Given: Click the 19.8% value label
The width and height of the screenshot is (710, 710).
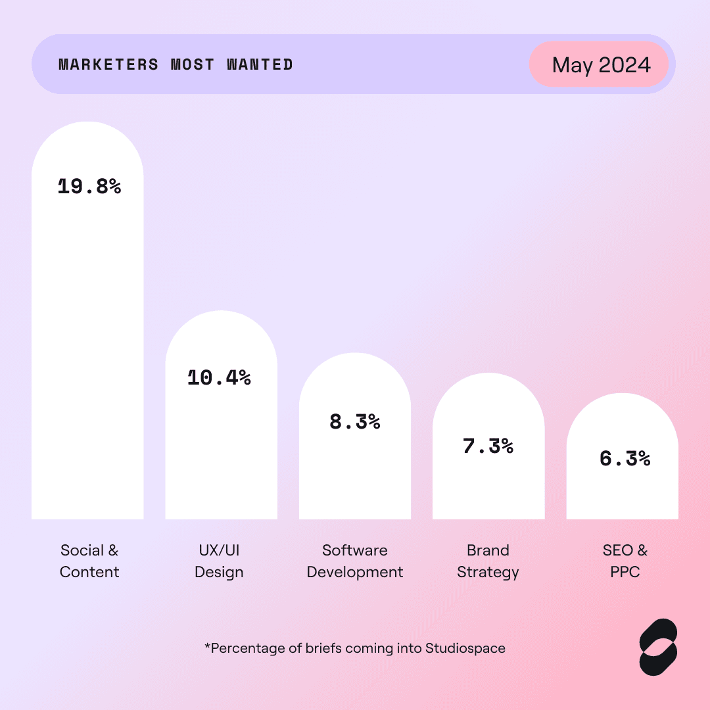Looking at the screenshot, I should [89, 187].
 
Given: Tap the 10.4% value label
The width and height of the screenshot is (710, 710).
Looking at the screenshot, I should [219, 378].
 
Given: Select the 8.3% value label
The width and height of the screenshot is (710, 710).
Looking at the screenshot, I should [355, 422].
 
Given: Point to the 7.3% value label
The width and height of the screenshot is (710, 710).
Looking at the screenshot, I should [488, 446].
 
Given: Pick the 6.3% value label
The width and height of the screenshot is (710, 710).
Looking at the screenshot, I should [625, 458].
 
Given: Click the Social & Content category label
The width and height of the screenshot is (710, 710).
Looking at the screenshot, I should [89, 561].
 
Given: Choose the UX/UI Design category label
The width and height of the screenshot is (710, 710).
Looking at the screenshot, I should [219, 561].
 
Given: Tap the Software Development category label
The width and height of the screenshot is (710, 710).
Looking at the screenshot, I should [355, 561].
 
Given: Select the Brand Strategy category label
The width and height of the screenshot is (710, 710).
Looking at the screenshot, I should [488, 561].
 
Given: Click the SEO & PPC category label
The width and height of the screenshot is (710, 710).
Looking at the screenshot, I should [625, 561].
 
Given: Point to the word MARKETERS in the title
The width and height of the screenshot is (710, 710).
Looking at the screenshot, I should [108, 64].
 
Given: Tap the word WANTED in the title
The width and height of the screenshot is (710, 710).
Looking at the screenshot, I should [260, 64].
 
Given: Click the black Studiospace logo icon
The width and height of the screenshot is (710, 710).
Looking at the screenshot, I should [657, 647].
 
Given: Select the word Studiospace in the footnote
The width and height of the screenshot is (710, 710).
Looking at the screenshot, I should [465, 648].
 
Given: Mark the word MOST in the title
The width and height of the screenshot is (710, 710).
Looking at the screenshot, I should [193, 64].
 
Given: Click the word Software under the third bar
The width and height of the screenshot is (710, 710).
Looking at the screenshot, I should [355, 550].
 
